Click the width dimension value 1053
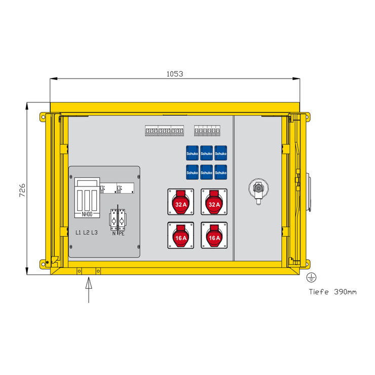pos(175,74)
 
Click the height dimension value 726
pos(22,191)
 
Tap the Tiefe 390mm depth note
pos(332,292)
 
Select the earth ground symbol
pos(311,277)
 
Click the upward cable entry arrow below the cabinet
pos(89,290)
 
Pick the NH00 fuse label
pos(87,214)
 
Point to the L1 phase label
pos(78,233)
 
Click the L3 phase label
pos(94,233)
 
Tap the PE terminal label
pos(122,234)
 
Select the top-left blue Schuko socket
pos(192,153)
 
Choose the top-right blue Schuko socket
pos(221,153)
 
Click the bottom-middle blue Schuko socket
pos(206,172)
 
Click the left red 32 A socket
pos(181,202)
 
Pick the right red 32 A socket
pos(214,202)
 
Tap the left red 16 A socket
pos(181,235)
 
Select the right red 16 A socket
pos(214,235)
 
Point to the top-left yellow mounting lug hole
pos(43,117)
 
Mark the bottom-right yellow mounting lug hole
pos(308,264)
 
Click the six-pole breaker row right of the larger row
pos(207,131)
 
